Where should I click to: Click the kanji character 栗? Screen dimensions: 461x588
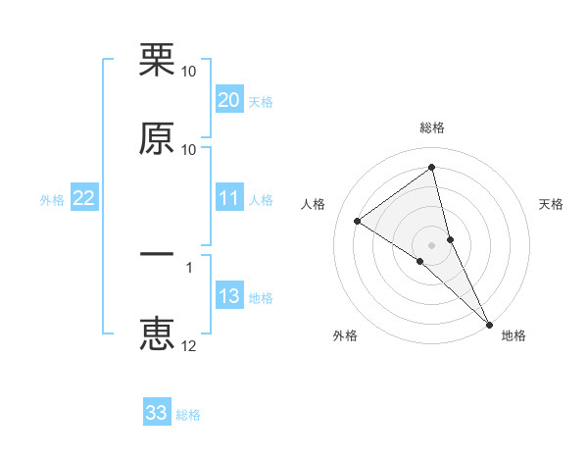[157, 61]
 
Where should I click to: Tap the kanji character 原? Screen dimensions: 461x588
[157, 138]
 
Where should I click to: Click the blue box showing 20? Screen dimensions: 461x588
[229, 100]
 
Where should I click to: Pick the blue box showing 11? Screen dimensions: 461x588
[229, 199]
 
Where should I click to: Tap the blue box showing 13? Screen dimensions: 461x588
[229, 296]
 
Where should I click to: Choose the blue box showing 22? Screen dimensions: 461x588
[84, 199]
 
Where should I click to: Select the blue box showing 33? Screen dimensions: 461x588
[157, 413]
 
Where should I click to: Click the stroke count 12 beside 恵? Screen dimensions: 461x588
[189, 345]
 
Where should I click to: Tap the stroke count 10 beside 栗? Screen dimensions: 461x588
[189, 72]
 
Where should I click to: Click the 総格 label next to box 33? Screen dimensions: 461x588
[188, 415]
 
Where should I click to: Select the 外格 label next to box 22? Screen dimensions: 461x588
[52, 200]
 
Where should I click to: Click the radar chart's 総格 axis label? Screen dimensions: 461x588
[432, 128]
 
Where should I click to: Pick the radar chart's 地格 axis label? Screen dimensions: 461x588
[514, 335]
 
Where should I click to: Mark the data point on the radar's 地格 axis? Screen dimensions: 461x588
[489, 324]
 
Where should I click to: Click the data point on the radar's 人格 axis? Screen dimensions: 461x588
[358, 221]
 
